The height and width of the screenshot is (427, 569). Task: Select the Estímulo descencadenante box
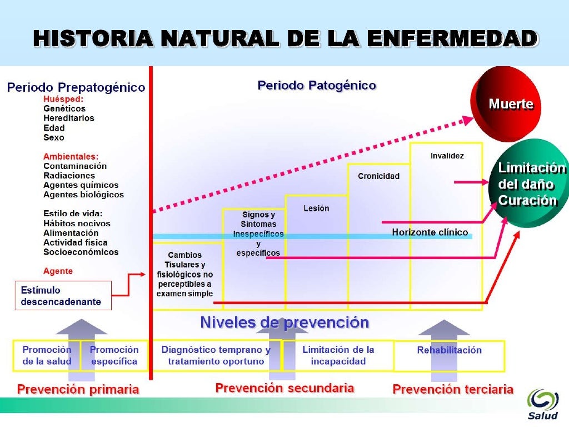[x=63, y=296]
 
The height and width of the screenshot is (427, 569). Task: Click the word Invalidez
[x=447, y=156]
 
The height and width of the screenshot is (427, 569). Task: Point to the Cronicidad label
[x=378, y=176]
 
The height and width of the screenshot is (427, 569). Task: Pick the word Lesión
[x=316, y=208]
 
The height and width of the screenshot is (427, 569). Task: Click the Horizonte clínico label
[x=430, y=232]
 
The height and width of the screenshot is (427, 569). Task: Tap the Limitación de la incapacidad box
[x=338, y=355]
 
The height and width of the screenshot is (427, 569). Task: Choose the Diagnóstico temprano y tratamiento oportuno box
[x=216, y=355]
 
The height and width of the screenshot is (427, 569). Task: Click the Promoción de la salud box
[x=47, y=355]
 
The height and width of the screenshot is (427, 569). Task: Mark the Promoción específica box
[x=114, y=355]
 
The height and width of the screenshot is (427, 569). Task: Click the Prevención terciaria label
[x=453, y=389]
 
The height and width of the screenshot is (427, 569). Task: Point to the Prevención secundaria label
[x=284, y=388]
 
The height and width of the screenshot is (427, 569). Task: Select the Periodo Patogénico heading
[x=317, y=86]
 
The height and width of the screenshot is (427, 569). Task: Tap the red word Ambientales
[x=71, y=156]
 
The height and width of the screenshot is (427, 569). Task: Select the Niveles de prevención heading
[x=284, y=322]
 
